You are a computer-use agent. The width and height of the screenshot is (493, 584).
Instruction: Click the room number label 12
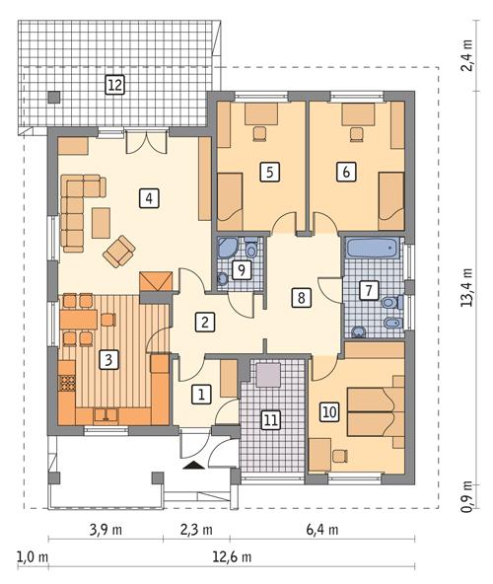[x=115, y=85]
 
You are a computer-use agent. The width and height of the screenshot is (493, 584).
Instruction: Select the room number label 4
[x=148, y=198]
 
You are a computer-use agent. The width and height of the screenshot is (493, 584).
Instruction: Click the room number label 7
[x=369, y=290]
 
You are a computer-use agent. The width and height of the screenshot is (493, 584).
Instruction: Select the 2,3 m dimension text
[x=196, y=530]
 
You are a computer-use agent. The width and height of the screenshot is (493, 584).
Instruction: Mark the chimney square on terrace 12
[x=53, y=96]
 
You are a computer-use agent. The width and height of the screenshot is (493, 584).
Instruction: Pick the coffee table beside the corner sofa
[x=102, y=223]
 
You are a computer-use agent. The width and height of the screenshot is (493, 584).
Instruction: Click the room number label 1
[x=202, y=395]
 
